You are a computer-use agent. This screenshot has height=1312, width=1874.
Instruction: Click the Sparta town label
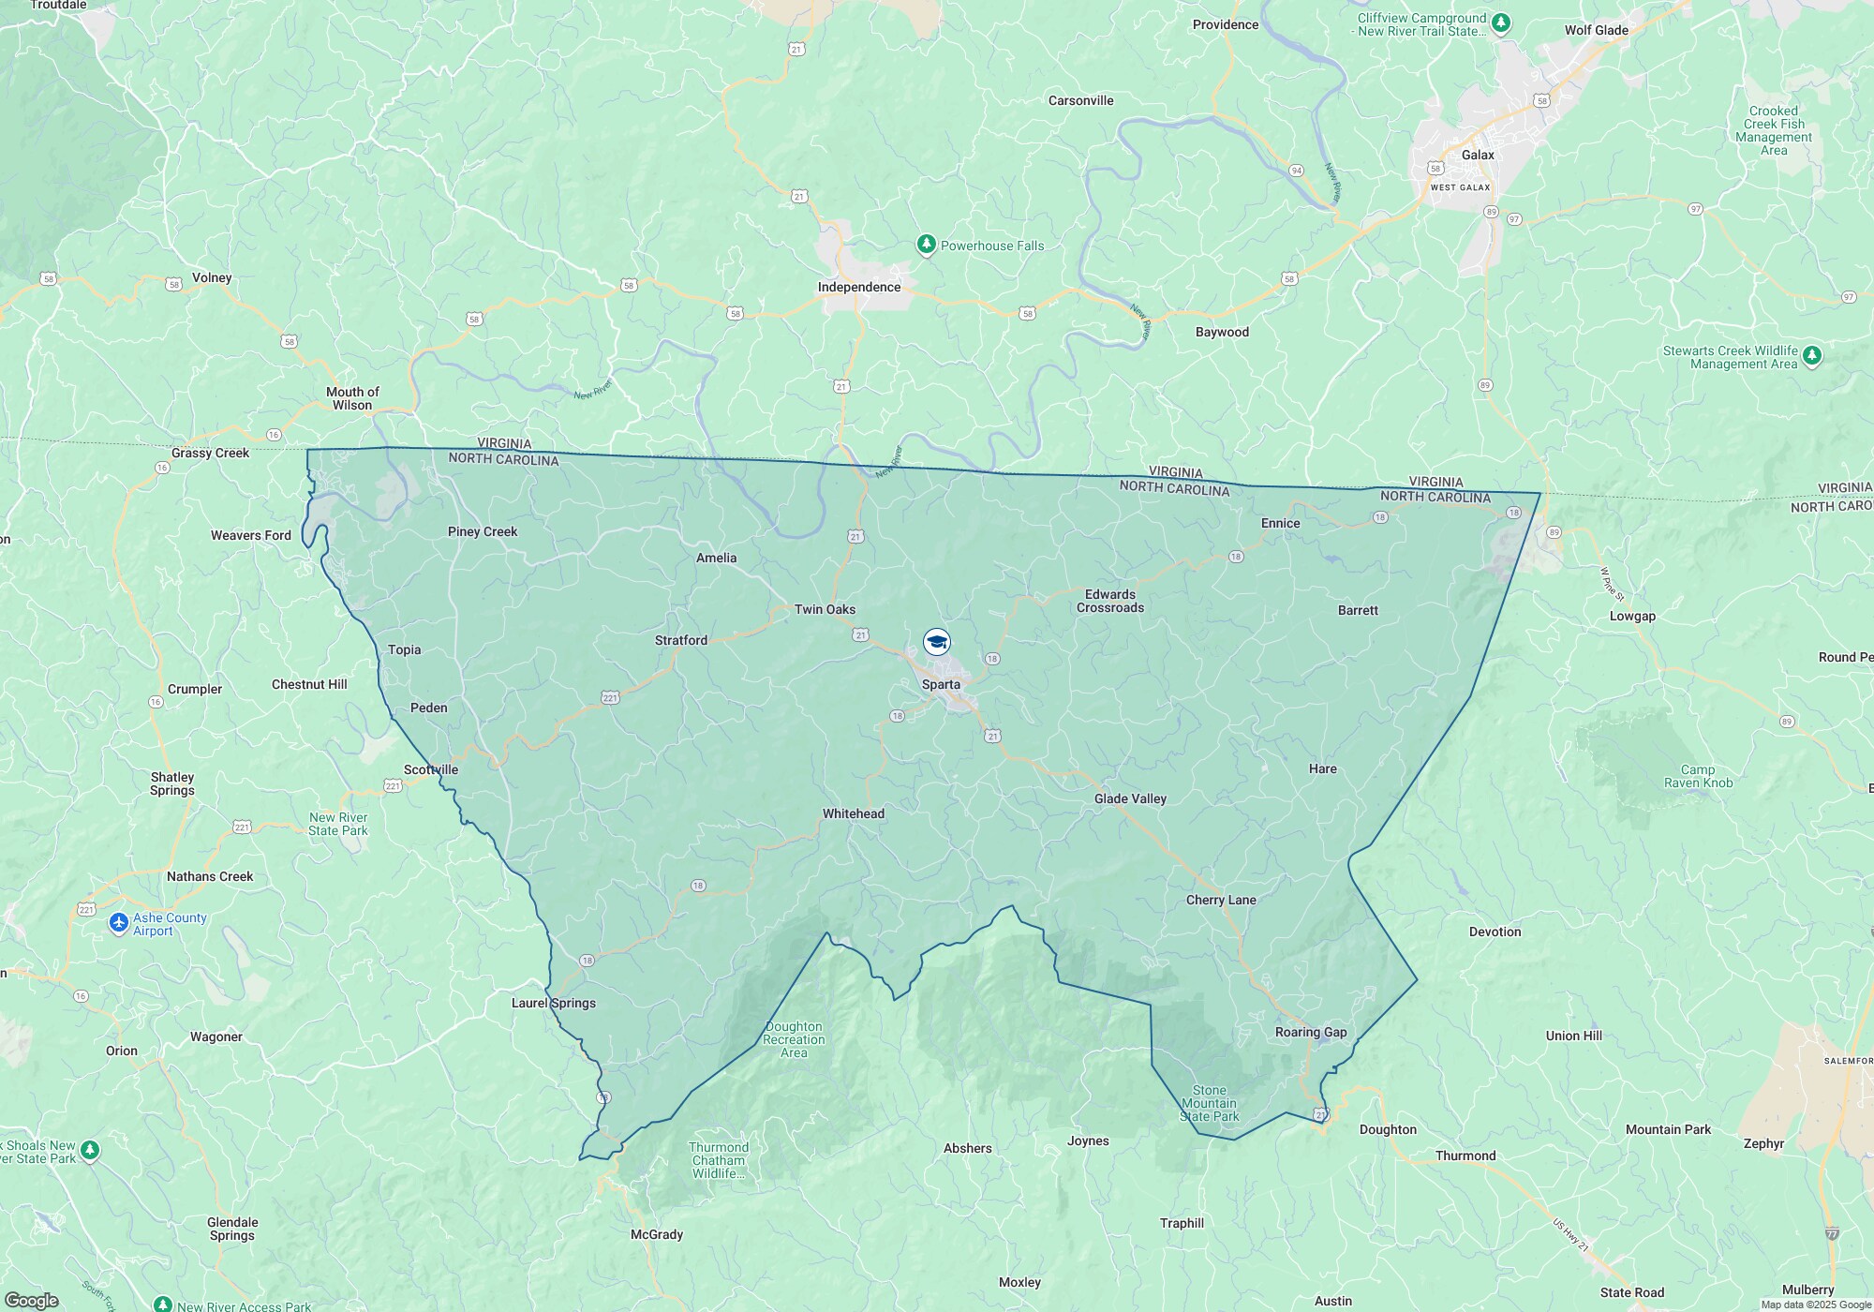click(941, 684)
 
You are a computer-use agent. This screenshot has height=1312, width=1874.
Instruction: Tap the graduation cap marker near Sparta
click(937, 642)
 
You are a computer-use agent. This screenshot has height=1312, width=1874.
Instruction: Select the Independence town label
click(858, 287)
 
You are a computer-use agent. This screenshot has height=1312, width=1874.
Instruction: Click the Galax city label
click(1478, 155)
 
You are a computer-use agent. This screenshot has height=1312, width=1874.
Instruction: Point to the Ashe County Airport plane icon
click(119, 924)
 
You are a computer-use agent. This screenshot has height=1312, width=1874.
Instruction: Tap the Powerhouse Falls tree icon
click(926, 246)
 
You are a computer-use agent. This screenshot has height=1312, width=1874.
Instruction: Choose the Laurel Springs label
click(553, 1003)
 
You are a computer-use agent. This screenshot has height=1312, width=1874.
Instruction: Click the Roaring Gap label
click(1310, 1032)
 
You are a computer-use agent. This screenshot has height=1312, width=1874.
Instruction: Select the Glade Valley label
click(1130, 798)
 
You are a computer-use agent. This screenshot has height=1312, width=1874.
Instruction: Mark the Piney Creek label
click(482, 531)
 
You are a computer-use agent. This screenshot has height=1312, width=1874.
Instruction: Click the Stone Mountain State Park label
click(1209, 1103)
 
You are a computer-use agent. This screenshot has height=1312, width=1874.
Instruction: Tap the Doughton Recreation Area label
click(794, 1039)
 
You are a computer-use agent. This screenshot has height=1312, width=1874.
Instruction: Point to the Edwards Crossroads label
click(1109, 601)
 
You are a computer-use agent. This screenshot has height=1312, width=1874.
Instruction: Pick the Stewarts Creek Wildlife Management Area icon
click(1811, 356)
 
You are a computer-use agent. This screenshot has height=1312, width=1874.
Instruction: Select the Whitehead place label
click(853, 813)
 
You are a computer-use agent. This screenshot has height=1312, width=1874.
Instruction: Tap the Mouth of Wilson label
click(352, 398)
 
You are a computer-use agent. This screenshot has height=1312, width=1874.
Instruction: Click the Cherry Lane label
click(1220, 900)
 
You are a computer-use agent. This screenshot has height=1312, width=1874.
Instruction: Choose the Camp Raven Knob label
click(1698, 776)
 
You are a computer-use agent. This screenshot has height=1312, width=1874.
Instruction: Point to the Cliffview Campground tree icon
click(1501, 22)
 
